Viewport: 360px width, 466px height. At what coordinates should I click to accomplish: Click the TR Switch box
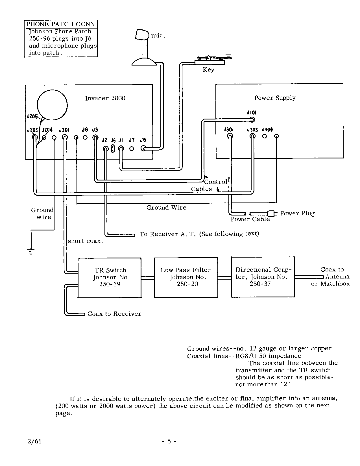coord(110,277)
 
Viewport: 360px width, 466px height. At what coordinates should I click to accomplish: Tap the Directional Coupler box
coord(263,277)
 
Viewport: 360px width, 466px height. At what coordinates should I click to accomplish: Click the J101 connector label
coord(251,113)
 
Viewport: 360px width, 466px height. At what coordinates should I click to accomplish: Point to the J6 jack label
coord(143,140)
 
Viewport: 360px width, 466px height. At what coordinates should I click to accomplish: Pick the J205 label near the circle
coord(32,116)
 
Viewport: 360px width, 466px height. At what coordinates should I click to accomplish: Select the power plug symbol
coord(272,213)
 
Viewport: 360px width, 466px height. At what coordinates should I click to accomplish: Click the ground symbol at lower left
coord(31,251)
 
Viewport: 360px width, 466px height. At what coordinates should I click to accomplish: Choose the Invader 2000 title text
coord(105,98)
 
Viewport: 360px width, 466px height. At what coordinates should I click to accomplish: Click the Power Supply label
coord(275,98)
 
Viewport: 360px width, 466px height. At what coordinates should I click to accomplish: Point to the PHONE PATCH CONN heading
coord(61,24)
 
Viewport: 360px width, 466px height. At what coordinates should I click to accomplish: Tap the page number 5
coord(169,441)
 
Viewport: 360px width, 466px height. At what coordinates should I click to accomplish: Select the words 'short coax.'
coord(85,241)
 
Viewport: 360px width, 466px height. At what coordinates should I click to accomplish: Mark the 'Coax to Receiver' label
coord(114,314)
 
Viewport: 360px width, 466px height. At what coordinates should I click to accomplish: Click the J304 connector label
coord(267,130)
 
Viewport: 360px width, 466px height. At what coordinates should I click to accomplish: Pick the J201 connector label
coord(64,130)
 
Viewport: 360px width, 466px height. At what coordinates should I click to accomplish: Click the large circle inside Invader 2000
coord(52,105)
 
